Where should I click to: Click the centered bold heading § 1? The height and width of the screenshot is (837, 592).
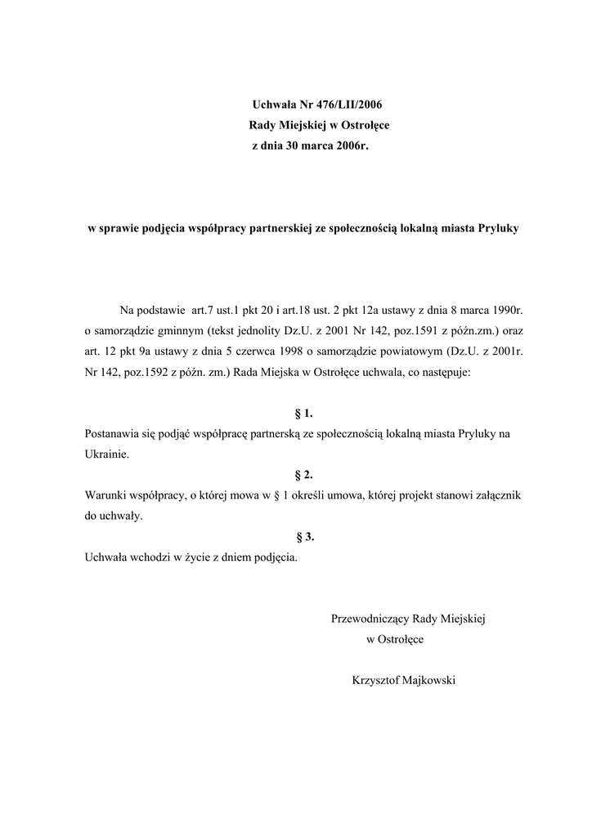pos(303,414)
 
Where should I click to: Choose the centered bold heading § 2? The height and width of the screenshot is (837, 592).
pos(303,475)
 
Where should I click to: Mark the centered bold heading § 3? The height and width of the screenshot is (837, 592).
pos(303,536)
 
